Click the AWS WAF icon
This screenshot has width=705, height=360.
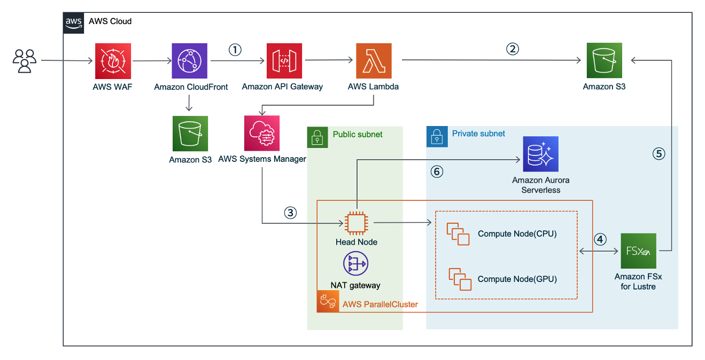pyautogui.click(x=112, y=61)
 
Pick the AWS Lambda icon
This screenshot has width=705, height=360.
pyautogui.click(x=373, y=61)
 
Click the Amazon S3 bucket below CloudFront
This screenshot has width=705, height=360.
pyautogui.click(x=190, y=134)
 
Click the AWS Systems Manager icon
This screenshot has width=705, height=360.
pyautogui.click(x=262, y=134)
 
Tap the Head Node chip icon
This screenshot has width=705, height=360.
pyautogui.click(x=356, y=223)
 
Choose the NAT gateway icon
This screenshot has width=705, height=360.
pyautogui.click(x=355, y=264)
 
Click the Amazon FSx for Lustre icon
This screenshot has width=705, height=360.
pyautogui.click(x=638, y=251)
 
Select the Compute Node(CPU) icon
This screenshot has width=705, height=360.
pyautogui.click(x=458, y=234)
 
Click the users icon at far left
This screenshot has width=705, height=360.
pyautogui.click(x=25, y=61)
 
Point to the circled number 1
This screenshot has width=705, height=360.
pyautogui.click(x=235, y=50)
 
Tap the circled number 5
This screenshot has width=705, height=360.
pyautogui.click(x=658, y=154)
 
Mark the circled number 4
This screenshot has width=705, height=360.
pyautogui.click(x=600, y=240)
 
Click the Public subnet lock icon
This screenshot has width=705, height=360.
pyautogui.click(x=317, y=137)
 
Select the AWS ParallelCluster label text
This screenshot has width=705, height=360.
pyautogui.click(x=380, y=304)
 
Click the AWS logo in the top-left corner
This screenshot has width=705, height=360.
pyautogui.click(x=74, y=22)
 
